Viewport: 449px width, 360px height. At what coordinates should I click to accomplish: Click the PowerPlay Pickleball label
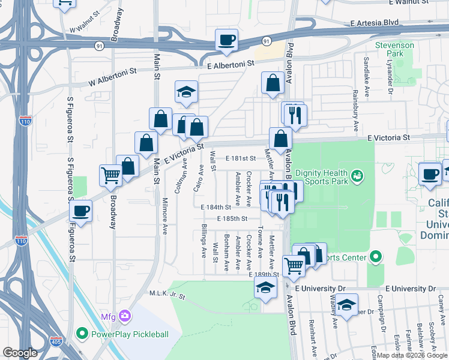point(129,334)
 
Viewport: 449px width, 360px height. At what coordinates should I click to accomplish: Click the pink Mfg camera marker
point(125,316)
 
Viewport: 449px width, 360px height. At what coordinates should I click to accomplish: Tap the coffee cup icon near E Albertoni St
point(227,40)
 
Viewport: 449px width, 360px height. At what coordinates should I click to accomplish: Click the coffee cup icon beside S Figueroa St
point(80,211)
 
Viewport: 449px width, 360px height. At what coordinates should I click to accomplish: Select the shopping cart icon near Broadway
point(110,175)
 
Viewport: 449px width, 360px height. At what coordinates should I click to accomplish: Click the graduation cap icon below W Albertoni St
point(186,92)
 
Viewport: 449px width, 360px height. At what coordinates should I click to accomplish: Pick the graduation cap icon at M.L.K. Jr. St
point(265,286)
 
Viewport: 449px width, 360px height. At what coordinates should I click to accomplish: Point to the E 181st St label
point(241,158)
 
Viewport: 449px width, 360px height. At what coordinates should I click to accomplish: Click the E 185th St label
point(232,219)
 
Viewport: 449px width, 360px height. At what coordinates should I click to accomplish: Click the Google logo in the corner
point(20,352)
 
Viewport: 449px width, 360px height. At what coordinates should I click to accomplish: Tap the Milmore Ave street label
point(164,216)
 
